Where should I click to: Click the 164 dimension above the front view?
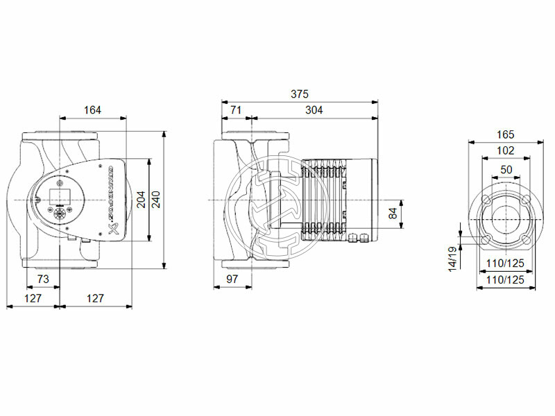tap(92, 110)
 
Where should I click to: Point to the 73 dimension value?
tap(43, 279)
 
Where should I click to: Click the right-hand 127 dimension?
tap(95, 298)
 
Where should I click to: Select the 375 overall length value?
tap(299, 94)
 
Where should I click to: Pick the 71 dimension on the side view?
tap(235, 110)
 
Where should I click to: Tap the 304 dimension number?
tap(314, 110)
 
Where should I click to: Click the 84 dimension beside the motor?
tap(393, 213)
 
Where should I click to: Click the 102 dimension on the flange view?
tap(506, 150)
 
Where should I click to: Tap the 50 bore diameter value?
tap(506, 169)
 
